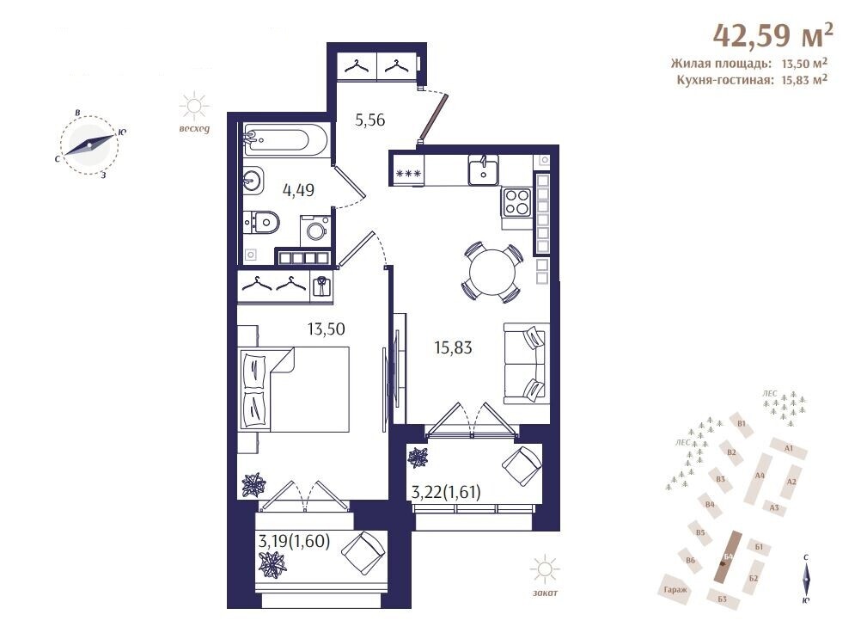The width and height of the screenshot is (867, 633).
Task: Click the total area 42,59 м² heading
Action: pyautogui.click(x=773, y=35)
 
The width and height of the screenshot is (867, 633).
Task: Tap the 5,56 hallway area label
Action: pyautogui.click(x=369, y=120)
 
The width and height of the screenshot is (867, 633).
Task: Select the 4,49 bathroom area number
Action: pyautogui.click(x=298, y=190)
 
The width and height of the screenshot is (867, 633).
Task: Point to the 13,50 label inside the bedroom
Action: pyautogui.click(x=327, y=329)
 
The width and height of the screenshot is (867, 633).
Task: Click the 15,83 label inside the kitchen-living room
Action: pyautogui.click(x=454, y=347)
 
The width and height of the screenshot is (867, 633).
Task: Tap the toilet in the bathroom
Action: pyautogui.click(x=262, y=223)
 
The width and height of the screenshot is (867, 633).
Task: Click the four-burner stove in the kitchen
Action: pyautogui.click(x=516, y=202)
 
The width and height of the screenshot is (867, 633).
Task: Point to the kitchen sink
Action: pyautogui.click(x=483, y=169)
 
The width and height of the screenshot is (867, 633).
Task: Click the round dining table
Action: pyautogui.click(x=492, y=273)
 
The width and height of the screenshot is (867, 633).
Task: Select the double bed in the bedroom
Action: pyautogui.click(x=294, y=389)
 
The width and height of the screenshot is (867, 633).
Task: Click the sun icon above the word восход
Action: pyautogui.click(x=194, y=107)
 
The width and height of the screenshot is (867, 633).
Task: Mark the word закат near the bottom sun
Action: pyautogui.click(x=545, y=593)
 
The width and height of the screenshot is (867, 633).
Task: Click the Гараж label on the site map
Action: pyautogui.click(x=675, y=590)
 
